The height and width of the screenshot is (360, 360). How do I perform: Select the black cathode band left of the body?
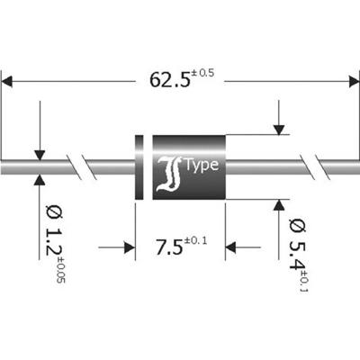click(x=139, y=167)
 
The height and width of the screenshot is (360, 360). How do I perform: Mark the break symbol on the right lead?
click(x=317, y=167)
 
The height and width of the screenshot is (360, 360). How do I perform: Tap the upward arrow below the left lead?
click(x=40, y=184)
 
